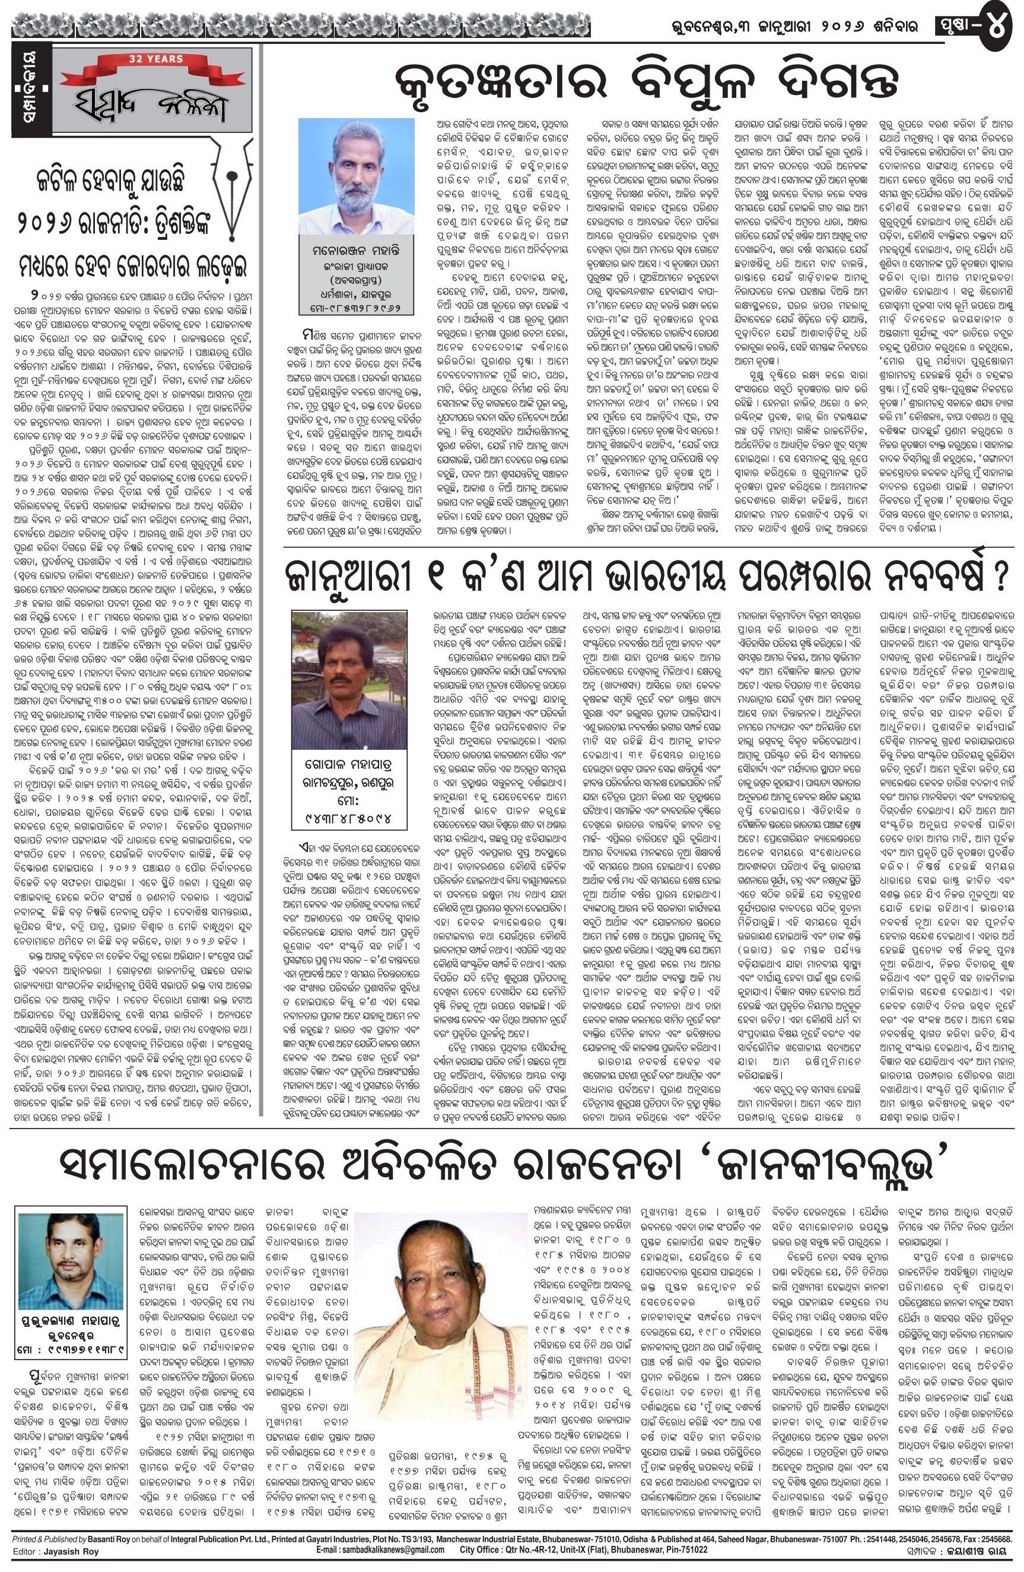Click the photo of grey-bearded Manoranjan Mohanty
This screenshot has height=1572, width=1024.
(356, 174)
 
